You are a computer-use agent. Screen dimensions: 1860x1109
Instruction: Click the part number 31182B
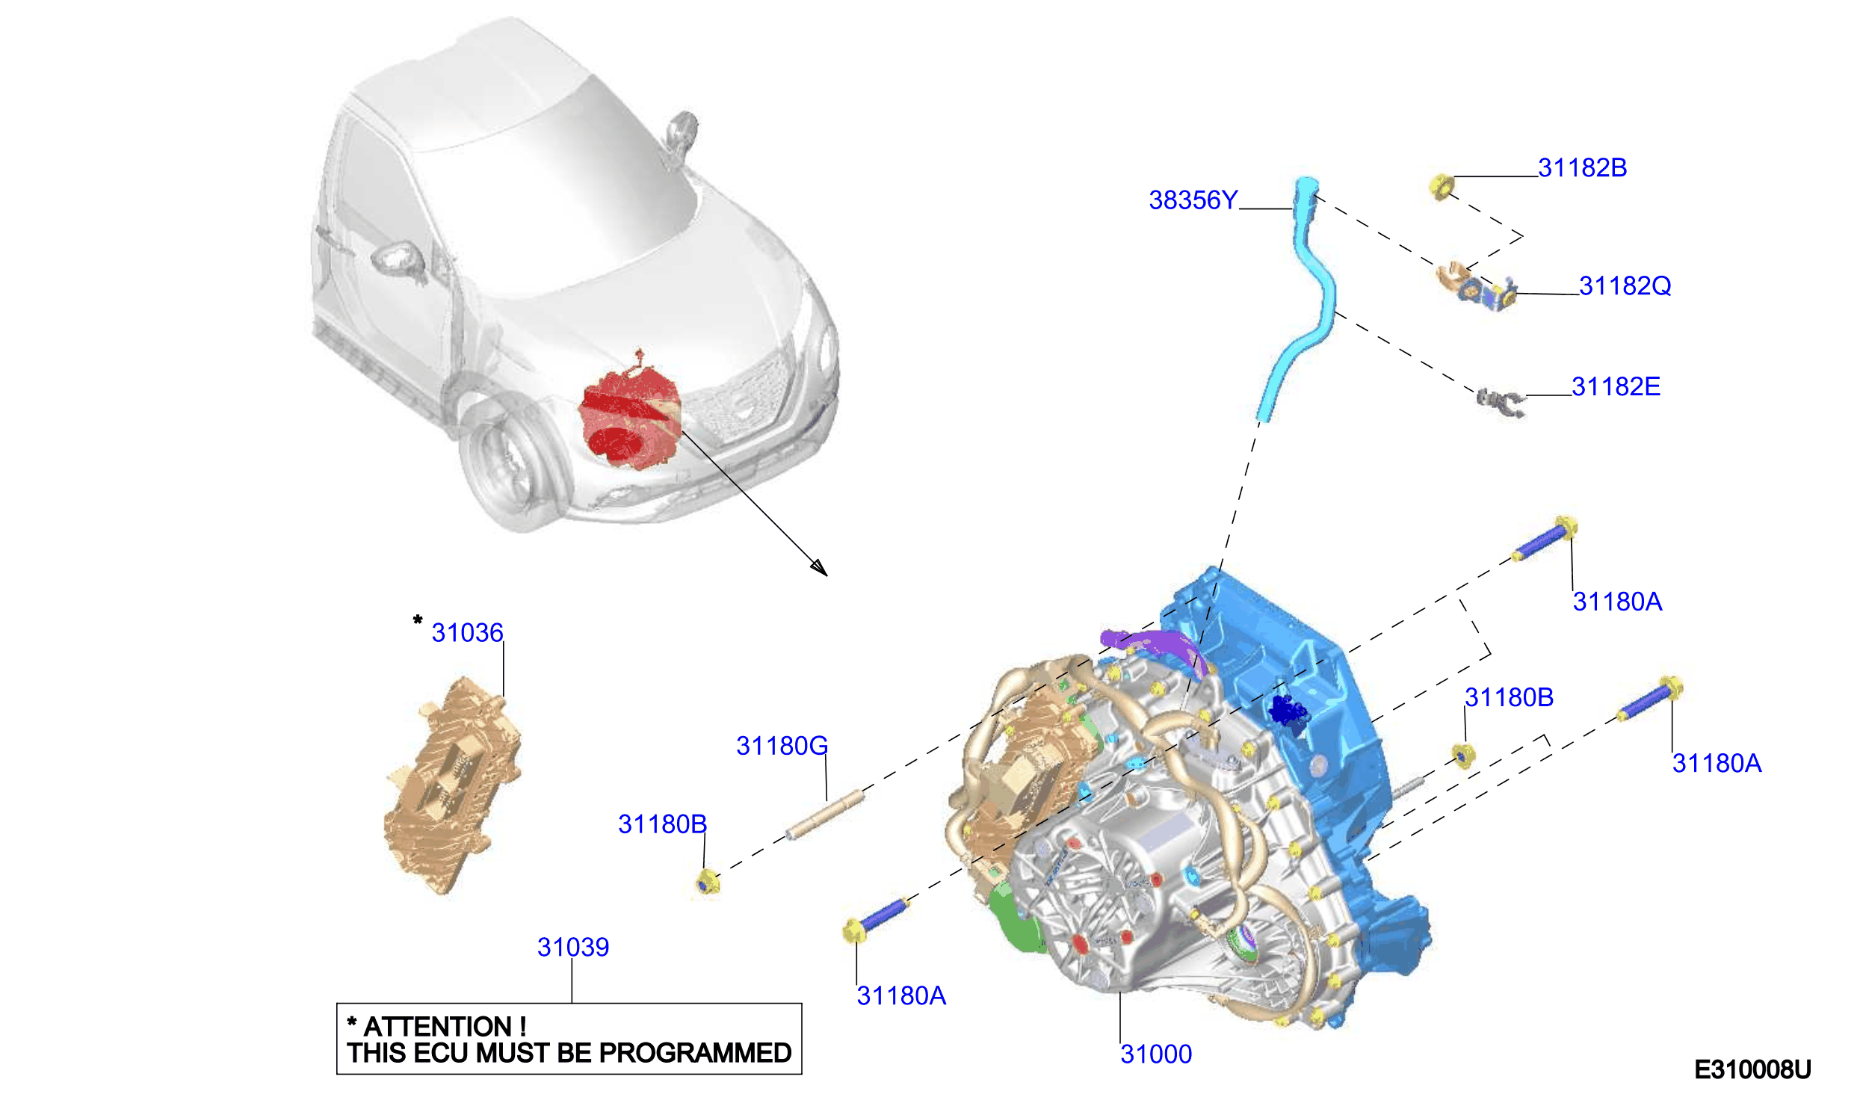(1582, 168)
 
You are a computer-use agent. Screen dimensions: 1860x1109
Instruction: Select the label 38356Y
(1193, 200)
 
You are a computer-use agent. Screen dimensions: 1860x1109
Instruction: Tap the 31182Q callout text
(1625, 285)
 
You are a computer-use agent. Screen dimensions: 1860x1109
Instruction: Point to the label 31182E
(1616, 386)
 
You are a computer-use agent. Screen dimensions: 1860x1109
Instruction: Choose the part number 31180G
(782, 746)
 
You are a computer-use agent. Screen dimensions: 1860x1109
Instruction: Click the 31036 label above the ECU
(467, 633)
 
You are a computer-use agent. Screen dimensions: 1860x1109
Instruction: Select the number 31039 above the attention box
(573, 948)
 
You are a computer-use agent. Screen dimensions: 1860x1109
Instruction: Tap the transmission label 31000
(1156, 1054)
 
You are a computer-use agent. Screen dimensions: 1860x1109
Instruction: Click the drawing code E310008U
(1752, 1070)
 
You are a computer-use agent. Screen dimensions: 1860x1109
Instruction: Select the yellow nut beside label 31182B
(1442, 187)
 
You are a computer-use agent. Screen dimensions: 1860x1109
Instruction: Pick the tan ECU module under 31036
(452, 785)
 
